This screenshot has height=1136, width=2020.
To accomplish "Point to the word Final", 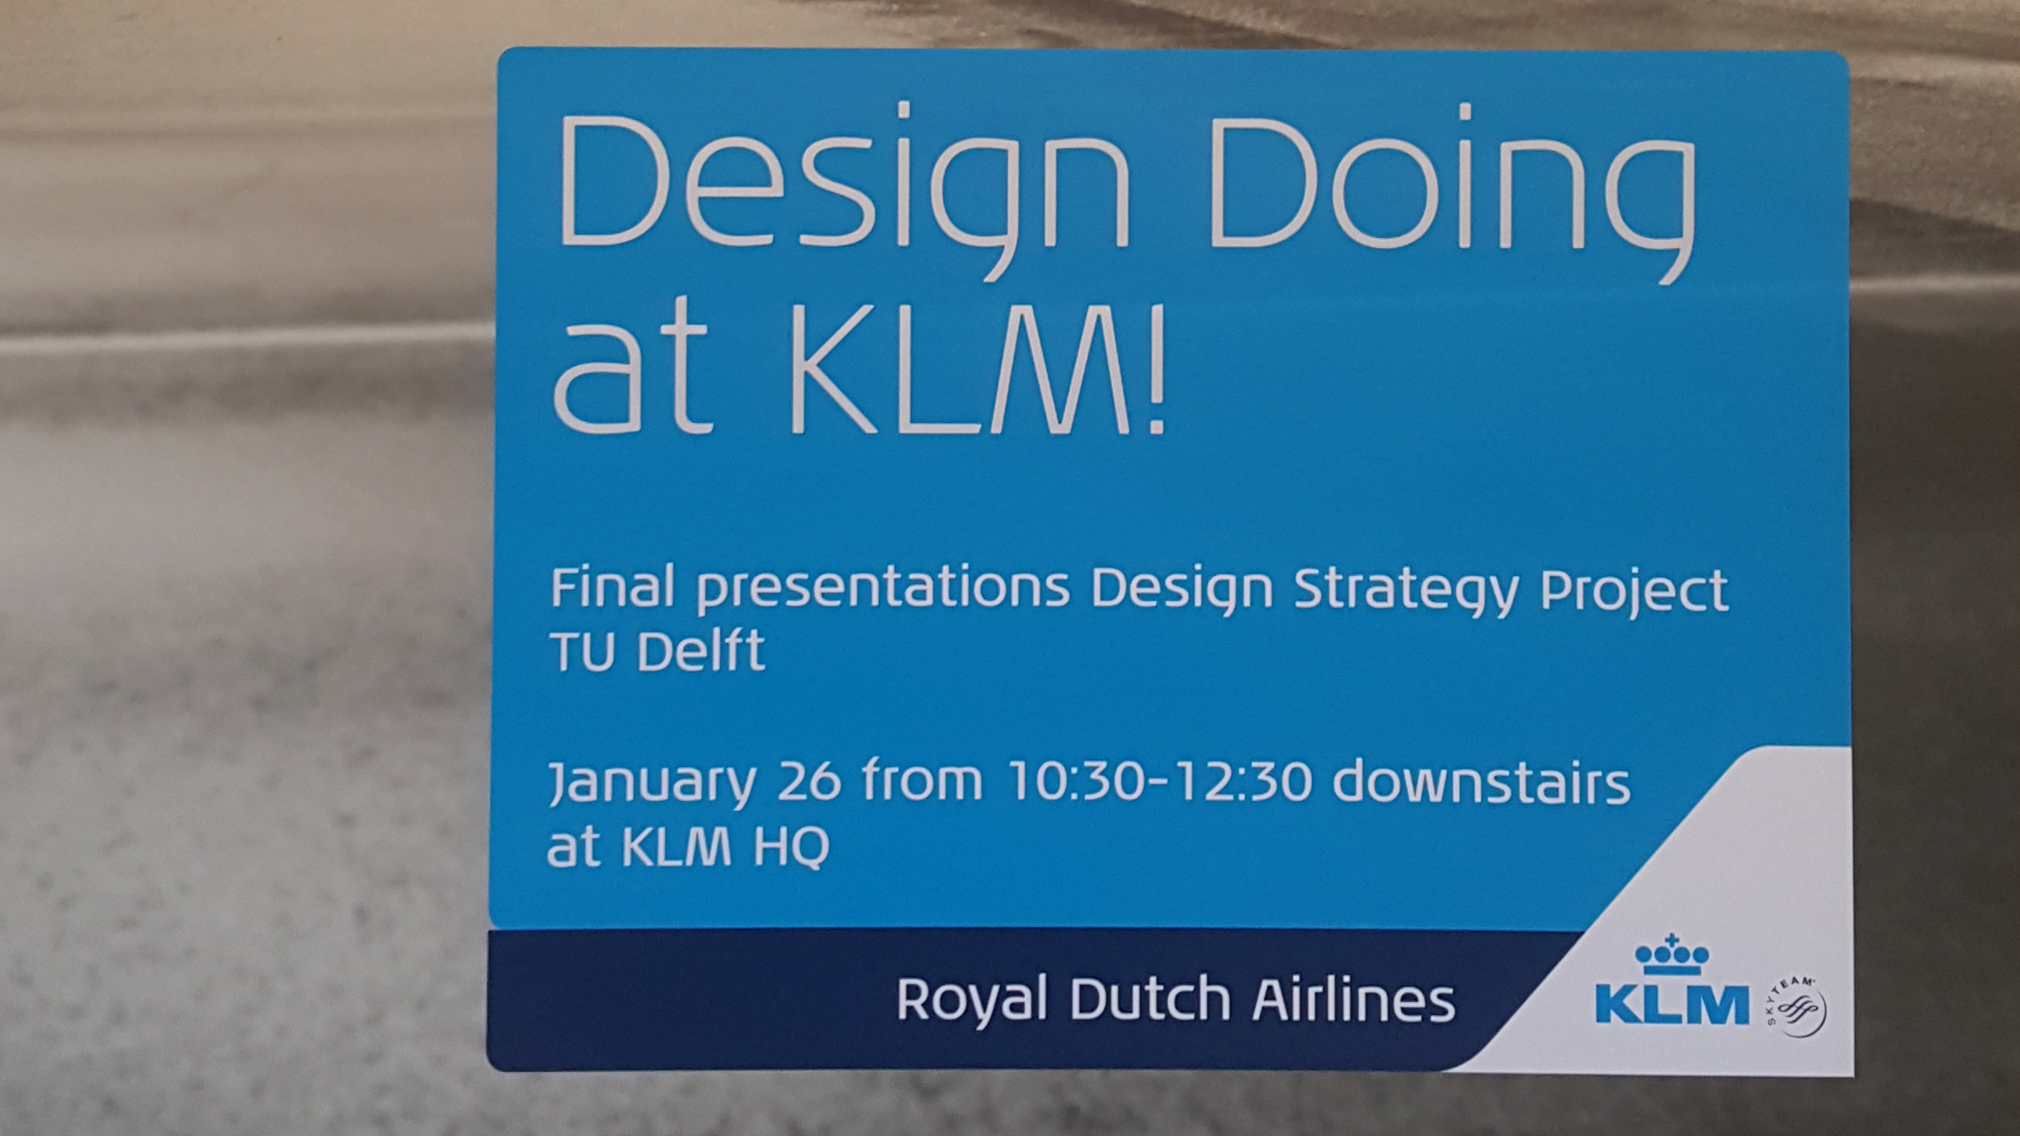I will (x=612, y=588).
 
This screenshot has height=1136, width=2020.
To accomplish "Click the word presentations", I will (x=883, y=589).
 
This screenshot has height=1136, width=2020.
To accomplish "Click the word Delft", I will (x=700, y=651).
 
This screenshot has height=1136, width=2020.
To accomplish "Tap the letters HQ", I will (x=792, y=847).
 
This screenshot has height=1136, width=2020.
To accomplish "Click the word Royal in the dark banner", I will (x=970, y=1000).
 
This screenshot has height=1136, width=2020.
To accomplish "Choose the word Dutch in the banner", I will (x=1149, y=999).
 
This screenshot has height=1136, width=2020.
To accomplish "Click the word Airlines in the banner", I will (x=1353, y=1000).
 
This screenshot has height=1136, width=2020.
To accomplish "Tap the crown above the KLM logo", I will (x=1672, y=955).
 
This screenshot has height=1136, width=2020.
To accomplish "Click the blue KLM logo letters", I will (x=1672, y=1004).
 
